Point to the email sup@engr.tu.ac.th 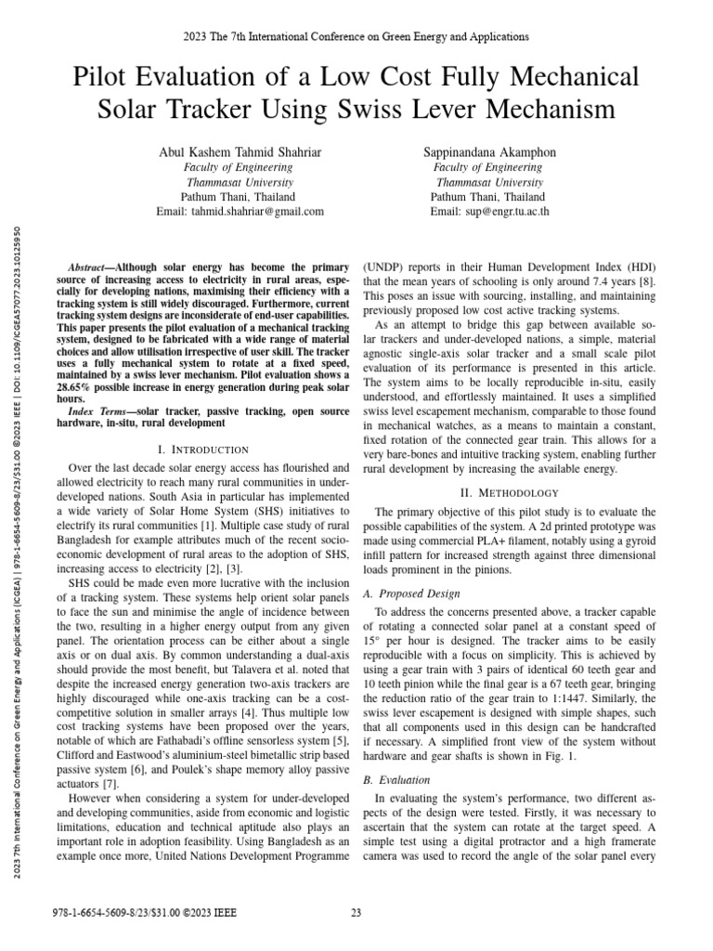(x=489, y=212)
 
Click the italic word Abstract (x=91, y=265)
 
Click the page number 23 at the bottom (x=356, y=914)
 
